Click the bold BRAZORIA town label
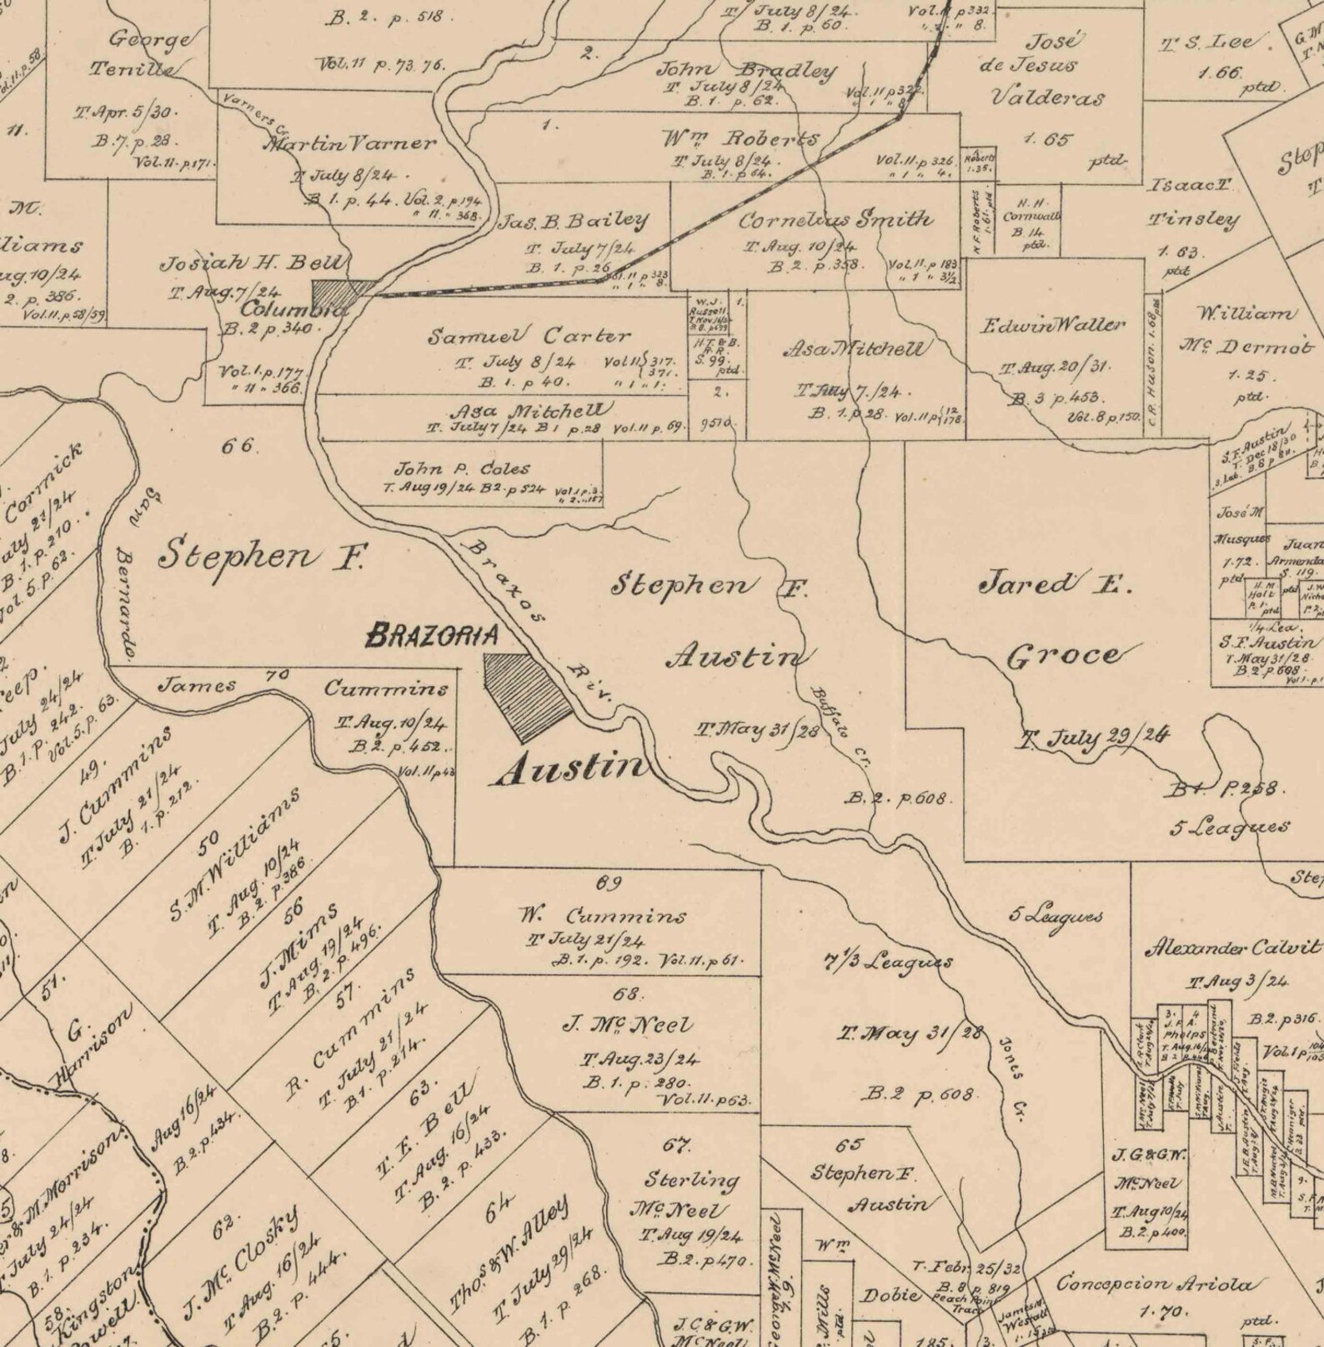click(x=432, y=636)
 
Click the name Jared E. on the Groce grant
click(x=1054, y=584)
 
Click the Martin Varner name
click(x=349, y=143)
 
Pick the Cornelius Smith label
click(x=835, y=220)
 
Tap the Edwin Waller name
click(x=1052, y=325)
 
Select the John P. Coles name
click(x=461, y=468)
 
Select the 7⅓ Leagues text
click(x=887, y=961)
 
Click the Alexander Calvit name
click(x=1232, y=948)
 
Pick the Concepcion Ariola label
click(x=1158, y=1283)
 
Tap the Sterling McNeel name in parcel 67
click(x=691, y=1194)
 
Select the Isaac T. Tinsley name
click(x=1193, y=203)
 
